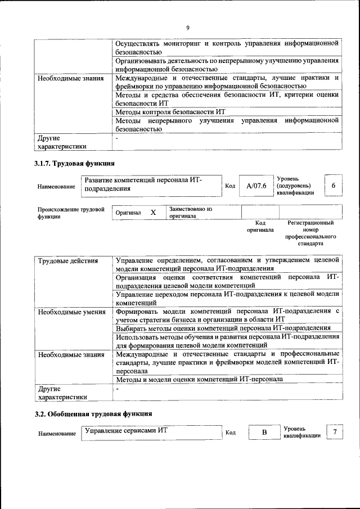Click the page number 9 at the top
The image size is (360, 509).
(x=187, y=28)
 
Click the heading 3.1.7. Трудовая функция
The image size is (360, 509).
(x=74, y=164)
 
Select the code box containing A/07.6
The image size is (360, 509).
(x=253, y=186)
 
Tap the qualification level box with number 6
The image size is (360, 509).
(x=334, y=186)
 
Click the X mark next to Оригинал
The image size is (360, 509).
(x=152, y=213)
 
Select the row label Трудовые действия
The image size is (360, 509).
(x=67, y=261)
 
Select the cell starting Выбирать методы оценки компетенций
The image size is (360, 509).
(x=223, y=327)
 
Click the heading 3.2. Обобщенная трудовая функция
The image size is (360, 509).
(x=93, y=414)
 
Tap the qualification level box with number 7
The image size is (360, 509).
(x=335, y=432)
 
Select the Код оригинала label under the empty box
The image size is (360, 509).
(x=259, y=226)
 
